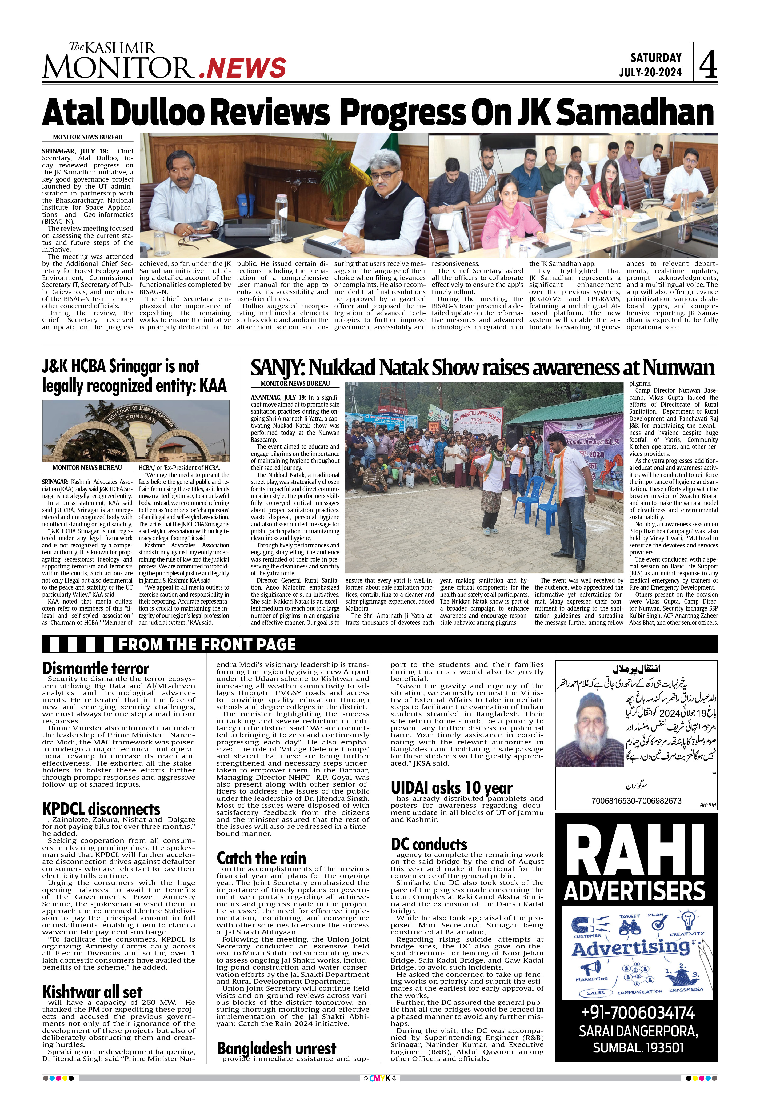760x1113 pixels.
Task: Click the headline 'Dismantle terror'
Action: [x=96, y=668]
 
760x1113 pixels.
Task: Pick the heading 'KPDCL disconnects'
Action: [x=101, y=809]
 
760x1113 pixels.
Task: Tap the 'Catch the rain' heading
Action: [x=261, y=858]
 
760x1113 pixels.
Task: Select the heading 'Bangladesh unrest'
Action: [x=276, y=1048]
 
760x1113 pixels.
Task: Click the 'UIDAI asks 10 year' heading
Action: [x=451, y=788]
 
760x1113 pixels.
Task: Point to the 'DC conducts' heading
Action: [x=429, y=844]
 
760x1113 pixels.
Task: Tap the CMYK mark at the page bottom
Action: [x=380, y=1079]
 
